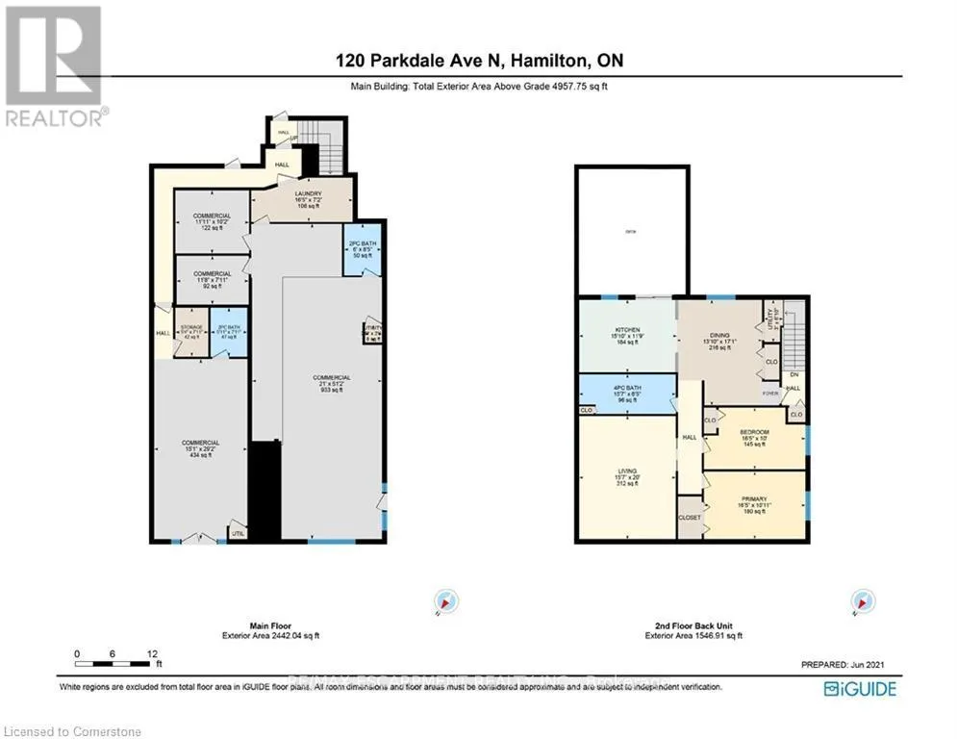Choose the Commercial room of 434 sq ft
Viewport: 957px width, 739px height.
click(201, 447)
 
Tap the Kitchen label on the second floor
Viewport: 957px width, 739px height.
click(627, 335)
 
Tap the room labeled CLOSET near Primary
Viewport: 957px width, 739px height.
click(690, 517)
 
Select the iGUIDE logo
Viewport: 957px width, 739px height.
click(861, 689)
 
